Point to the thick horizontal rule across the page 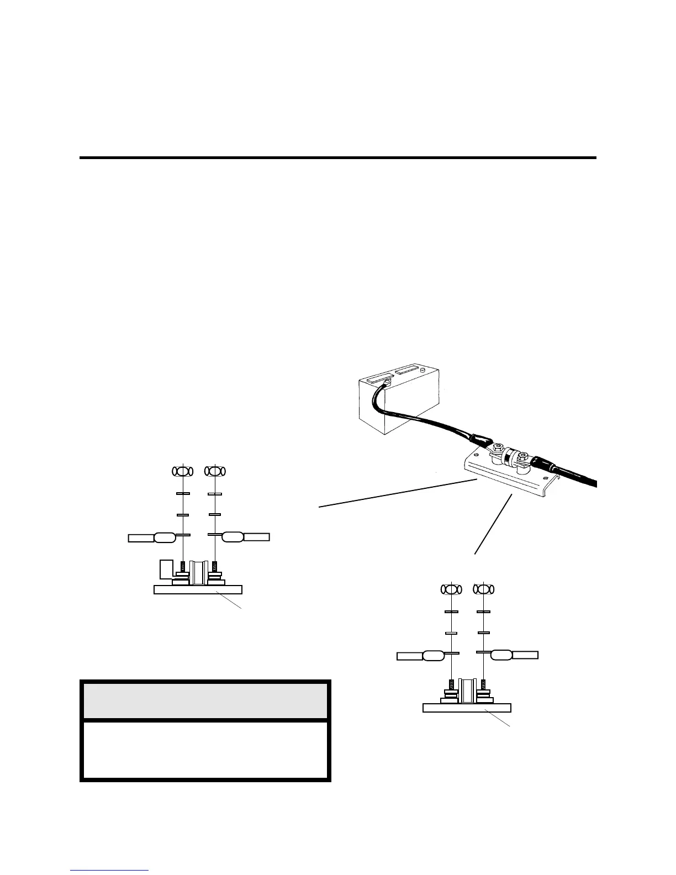pyautogui.click(x=338, y=158)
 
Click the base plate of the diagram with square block pyautogui.click(x=198, y=589)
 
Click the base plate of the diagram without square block pyautogui.click(x=467, y=708)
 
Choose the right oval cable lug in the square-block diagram pyautogui.click(x=233, y=536)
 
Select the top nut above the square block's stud pyautogui.click(x=183, y=471)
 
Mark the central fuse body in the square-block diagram pyautogui.click(x=197, y=573)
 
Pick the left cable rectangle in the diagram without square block pyautogui.click(x=410, y=656)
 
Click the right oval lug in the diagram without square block pyautogui.click(x=501, y=655)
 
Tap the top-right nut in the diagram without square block pyautogui.click(x=483, y=589)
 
